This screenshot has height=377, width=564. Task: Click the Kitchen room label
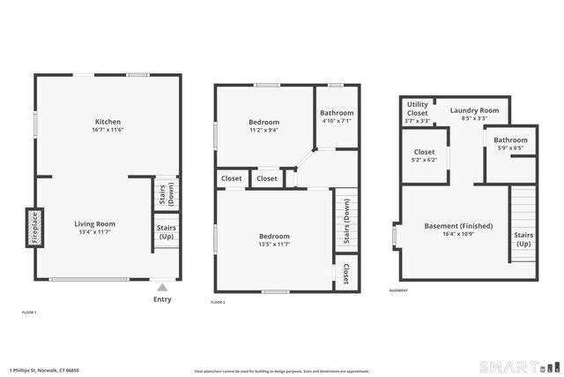coord(108,122)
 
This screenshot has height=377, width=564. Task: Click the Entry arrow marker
coord(161,287)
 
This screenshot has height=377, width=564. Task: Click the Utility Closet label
coord(417,109)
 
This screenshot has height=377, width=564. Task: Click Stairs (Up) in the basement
coord(523,239)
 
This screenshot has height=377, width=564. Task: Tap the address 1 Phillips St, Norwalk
coord(44,370)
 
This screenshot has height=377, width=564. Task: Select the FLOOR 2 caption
coord(218,303)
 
